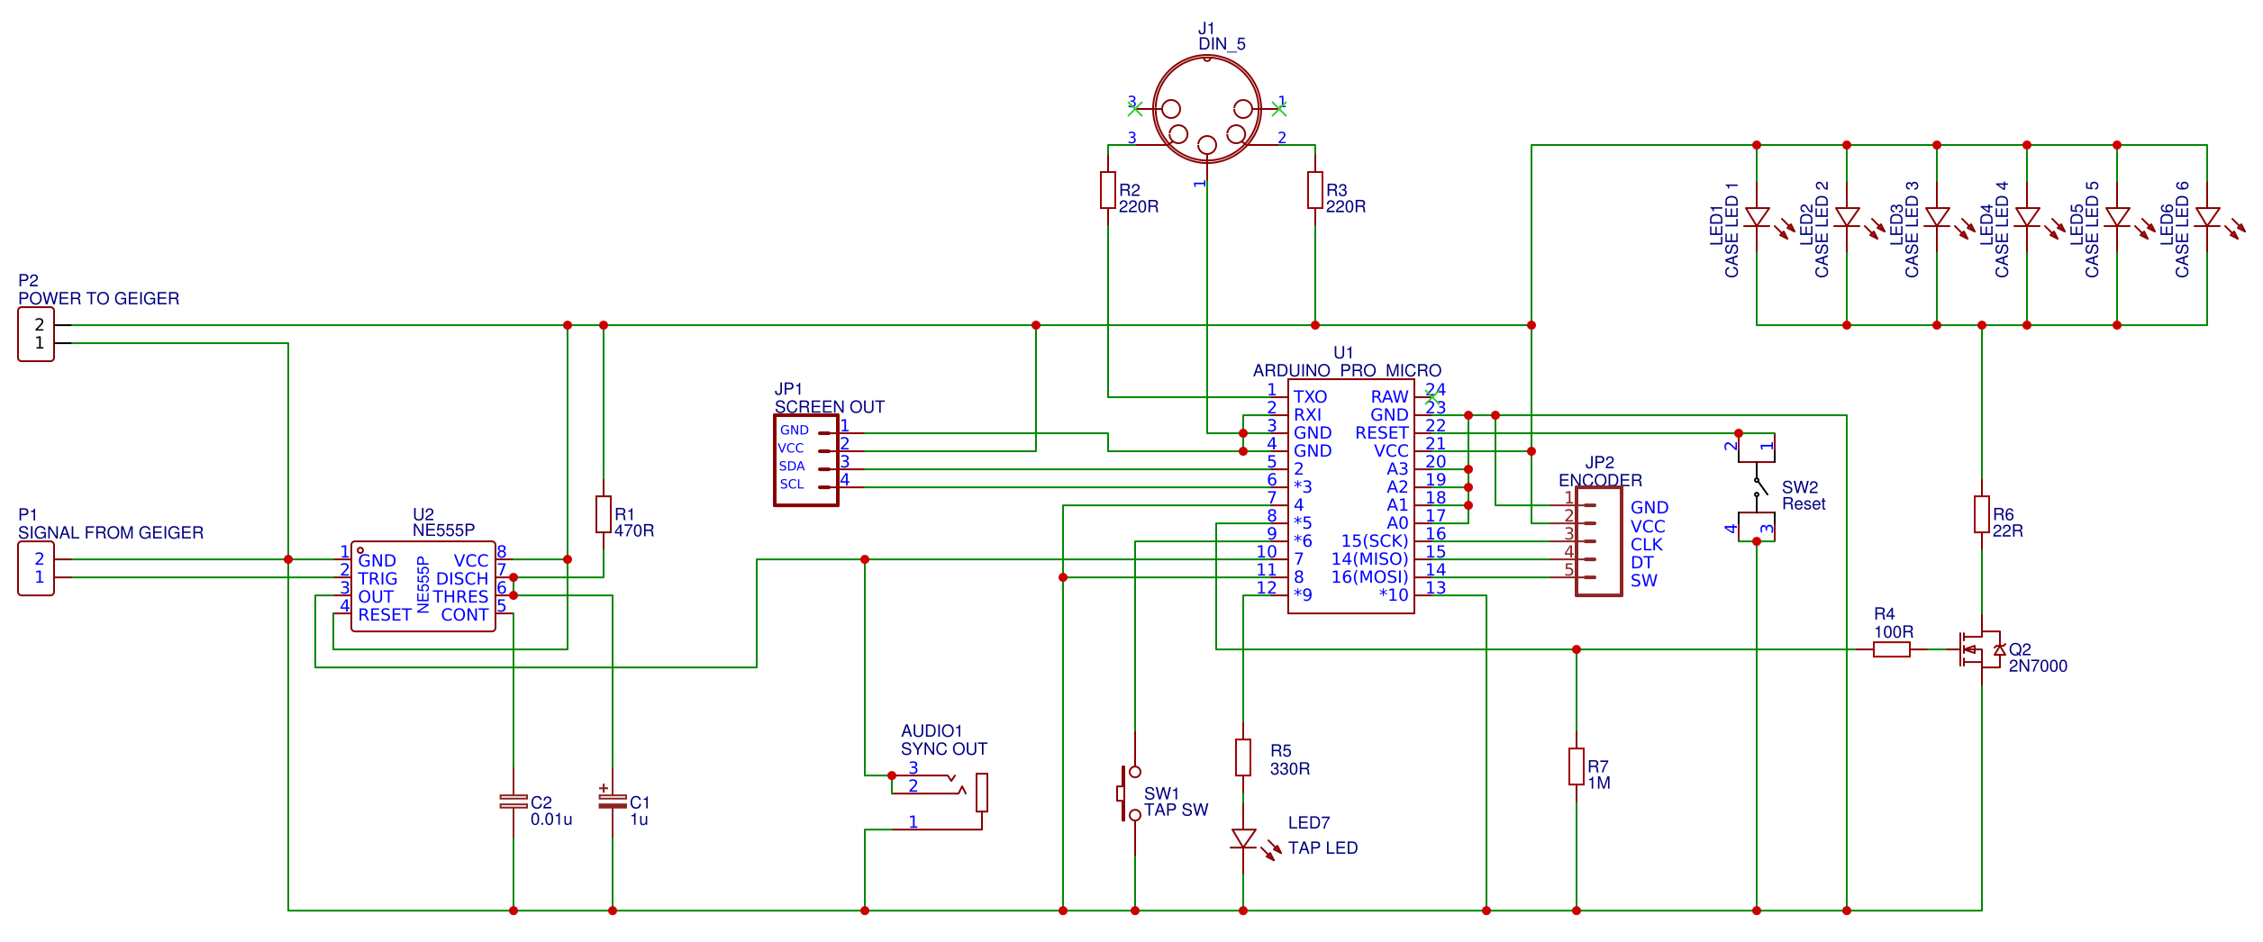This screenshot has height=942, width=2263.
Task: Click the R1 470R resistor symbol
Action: click(x=604, y=514)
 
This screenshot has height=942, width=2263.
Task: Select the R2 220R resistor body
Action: click(x=1108, y=190)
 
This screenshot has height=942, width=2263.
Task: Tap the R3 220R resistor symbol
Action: click(x=1315, y=190)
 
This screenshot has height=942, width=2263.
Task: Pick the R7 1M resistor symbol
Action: click(x=1577, y=766)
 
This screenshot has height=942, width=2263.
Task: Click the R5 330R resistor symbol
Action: click(x=1243, y=757)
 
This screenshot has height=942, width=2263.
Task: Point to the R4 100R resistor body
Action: click(x=1892, y=649)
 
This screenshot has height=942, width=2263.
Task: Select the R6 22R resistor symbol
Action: click(x=1982, y=514)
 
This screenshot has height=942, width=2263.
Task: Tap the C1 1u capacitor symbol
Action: click(x=613, y=801)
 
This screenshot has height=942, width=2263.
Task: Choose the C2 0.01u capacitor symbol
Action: click(x=513, y=802)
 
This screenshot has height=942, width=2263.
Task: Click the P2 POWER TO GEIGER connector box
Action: click(x=36, y=334)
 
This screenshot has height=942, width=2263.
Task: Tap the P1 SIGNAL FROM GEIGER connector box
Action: click(x=36, y=568)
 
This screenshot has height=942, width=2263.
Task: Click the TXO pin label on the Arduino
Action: click(x=1310, y=397)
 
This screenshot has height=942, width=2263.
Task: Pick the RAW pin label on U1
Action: click(x=1389, y=397)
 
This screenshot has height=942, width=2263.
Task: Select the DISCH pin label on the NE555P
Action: click(x=462, y=579)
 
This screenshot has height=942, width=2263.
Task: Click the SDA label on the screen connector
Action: click(x=792, y=466)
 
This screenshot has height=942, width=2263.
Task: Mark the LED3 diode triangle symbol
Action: click(x=1937, y=217)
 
